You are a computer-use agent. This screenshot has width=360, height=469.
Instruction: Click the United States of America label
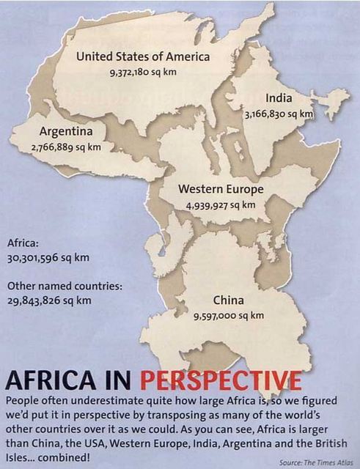point(143,56)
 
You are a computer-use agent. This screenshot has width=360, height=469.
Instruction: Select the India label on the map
point(279,98)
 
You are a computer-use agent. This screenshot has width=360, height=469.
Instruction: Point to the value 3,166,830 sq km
point(279,114)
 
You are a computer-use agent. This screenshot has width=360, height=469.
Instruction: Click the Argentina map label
point(66,132)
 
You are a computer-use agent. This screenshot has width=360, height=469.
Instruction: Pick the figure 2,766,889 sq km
point(66,147)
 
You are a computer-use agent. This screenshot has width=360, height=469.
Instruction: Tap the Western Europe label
point(221,189)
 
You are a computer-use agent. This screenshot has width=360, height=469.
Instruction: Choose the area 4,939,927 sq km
point(221,205)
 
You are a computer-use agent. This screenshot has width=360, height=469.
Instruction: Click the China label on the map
point(228,300)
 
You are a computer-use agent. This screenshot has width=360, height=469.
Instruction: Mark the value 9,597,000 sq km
point(228,316)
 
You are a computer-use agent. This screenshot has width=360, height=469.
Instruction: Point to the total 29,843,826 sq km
point(49,300)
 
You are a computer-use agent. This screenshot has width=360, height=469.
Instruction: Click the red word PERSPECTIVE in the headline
point(220,381)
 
